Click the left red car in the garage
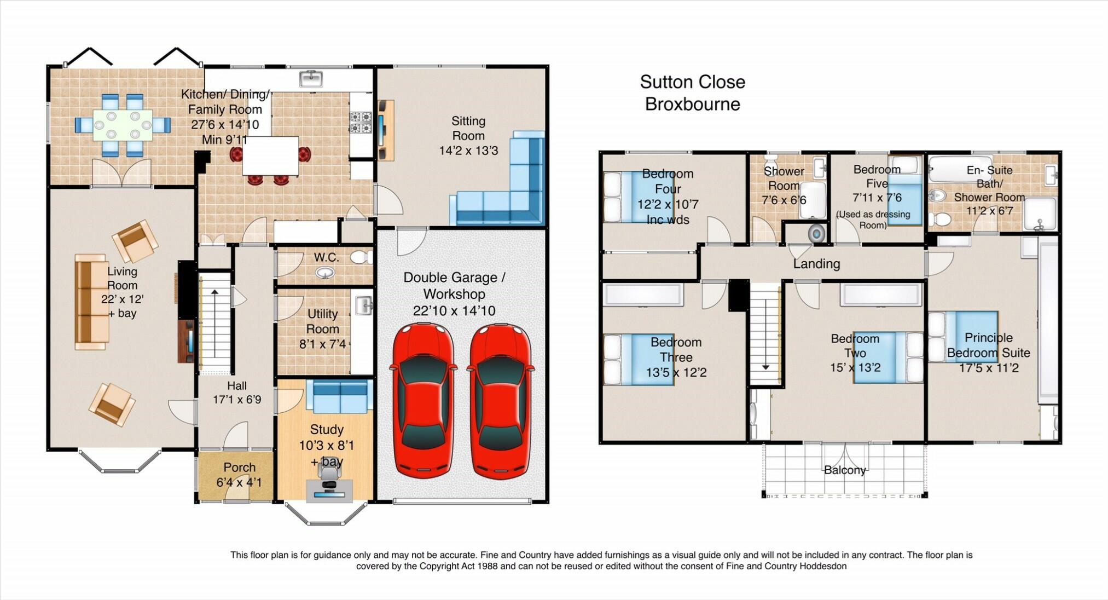click(x=422, y=400)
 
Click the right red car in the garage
click(x=499, y=400)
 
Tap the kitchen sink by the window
click(x=311, y=79)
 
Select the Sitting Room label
click(x=468, y=128)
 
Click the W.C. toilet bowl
click(x=361, y=257)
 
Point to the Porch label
click(x=239, y=468)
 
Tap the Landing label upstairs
click(x=816, y=264)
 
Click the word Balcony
click(x=844, y=470)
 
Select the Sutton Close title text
click(x=692, y=82)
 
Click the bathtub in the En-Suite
click(x=953, y=168)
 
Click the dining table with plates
click(x=123, y=125)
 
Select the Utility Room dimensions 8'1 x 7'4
click(x=322, y=344)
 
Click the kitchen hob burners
click(x=361, y=123)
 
